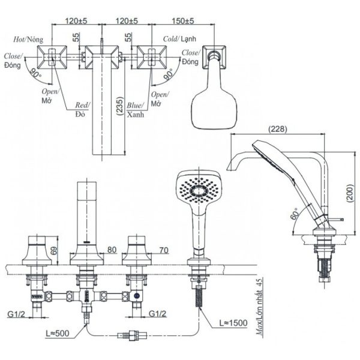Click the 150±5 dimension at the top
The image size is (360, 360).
tap(183, 20)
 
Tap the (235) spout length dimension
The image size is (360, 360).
tap(120, 106)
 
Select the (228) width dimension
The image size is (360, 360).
tap(278, 129)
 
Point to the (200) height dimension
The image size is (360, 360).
tap(351, 193)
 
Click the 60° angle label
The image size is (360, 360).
tap(295, 214)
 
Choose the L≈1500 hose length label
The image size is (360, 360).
tap(233, 323)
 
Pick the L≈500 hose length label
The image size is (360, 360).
tap(58, 333)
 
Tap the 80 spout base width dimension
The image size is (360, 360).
tap(112, 250)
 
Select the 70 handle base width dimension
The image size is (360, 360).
tap(164, 250)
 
